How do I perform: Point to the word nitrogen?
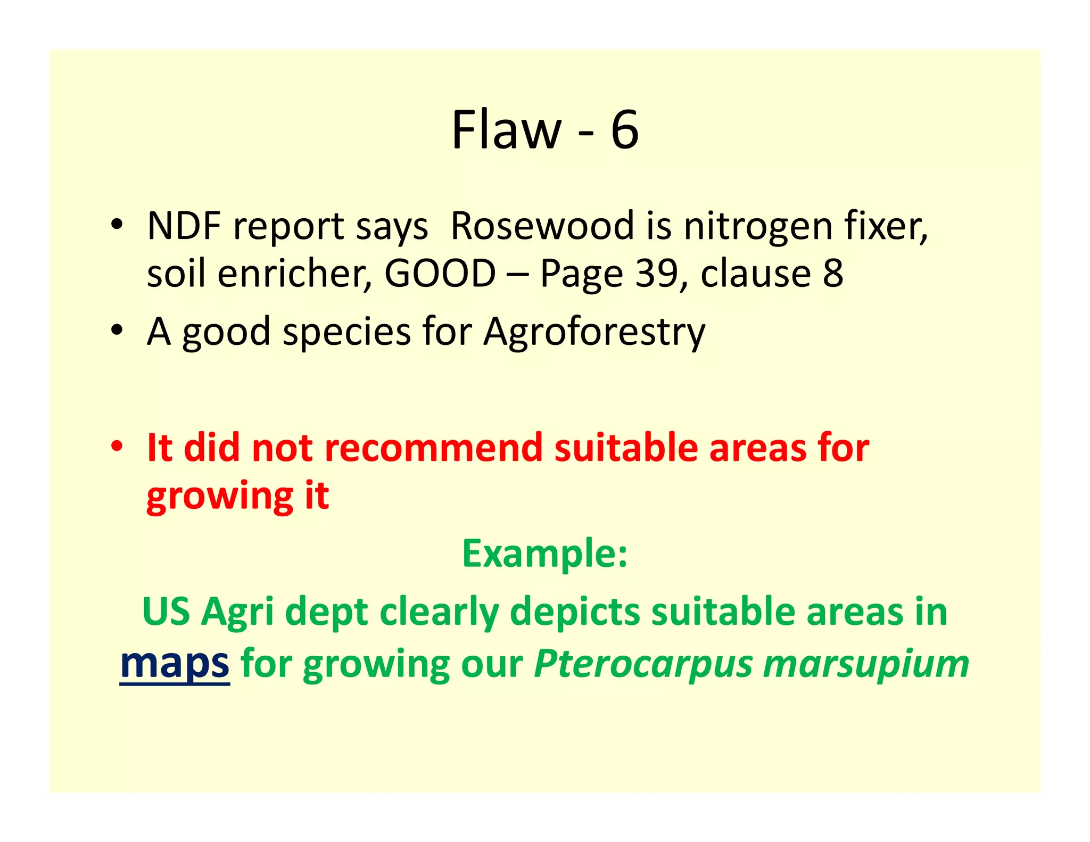[758, 227]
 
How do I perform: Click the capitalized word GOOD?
[440, 274]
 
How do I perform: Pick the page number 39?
[657, 274]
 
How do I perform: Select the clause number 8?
[832, 274]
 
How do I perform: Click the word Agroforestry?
[594, 332]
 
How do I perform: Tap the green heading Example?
[544, 554]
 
